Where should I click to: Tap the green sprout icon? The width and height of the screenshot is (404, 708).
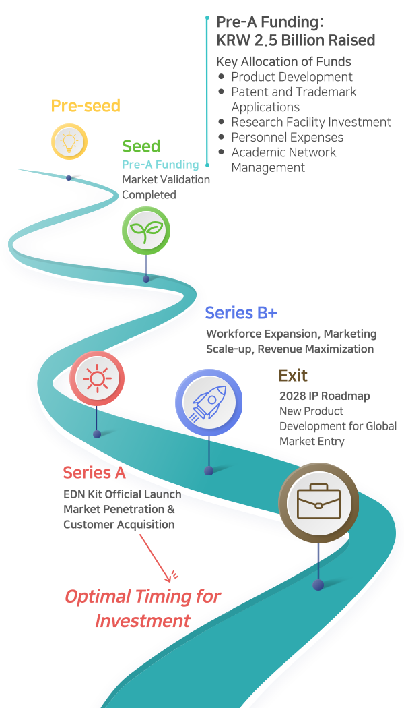pyautogui.click(x=146, y=231)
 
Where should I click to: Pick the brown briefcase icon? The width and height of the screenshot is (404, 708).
pyautogui.click(x=318, y=502)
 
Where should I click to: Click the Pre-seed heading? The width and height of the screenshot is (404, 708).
pyautogui.click(x=86, y=106)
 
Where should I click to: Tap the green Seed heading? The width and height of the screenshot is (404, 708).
pyautogui.click(x=141, y=146)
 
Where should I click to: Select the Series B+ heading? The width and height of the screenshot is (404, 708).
pyautogui.click(x=241, y=313)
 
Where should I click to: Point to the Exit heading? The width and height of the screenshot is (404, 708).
pyautogui.click(x=293, y=376)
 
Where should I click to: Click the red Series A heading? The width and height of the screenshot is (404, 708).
pyautogui.click(x=94, y=473)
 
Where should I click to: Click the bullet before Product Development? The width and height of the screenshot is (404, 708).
pyautogui.click(x=222, y=77)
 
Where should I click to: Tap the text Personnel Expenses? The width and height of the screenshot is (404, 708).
pyautogui.click(x=288, y=137)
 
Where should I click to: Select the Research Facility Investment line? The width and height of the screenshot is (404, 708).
pyautogui.click(x=311, y=122)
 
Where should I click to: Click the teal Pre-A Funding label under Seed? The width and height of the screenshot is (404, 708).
pyautogui.click(x=160, y=164)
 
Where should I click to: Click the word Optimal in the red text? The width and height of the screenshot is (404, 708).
pyautogui.click(x=98, y=597)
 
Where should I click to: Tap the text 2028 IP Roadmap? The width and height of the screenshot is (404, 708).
pyautogui.click(x=325, y=396)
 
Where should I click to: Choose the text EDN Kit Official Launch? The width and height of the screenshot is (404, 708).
pyautogui.click(x=122, y=494)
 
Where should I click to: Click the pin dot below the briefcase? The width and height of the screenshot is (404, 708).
pyautogui.click(x=318, y=585)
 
